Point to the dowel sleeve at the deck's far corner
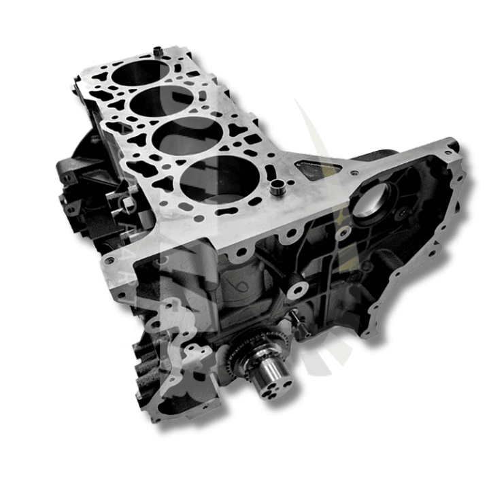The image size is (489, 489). coord(157,51)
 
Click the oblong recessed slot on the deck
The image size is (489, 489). coord(314,169)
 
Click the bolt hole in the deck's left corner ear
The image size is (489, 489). coord(108,260)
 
